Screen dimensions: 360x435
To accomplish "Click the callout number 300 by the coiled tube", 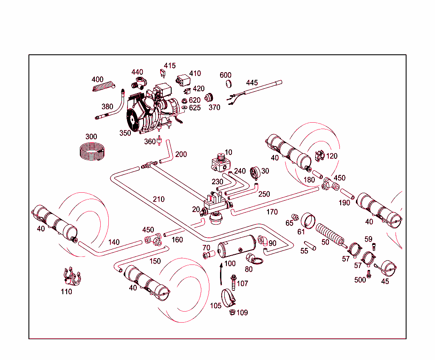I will (91, 137).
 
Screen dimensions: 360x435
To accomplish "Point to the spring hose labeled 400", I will (104, 87).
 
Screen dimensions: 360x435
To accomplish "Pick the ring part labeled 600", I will (228, 83).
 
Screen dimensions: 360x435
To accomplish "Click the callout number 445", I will (252, 83).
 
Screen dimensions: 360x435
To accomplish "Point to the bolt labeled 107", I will (233, 281).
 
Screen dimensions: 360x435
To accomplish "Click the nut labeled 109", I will (232, 313).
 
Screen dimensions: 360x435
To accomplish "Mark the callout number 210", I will (159, 199).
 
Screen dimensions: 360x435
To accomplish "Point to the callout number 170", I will (272, 212).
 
